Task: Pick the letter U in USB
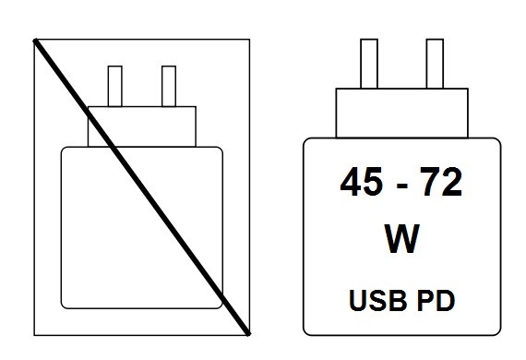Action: [358, 300]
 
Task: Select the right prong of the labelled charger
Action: [434, 65]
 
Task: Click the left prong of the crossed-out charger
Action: [115, 86]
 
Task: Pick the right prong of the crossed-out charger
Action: [168, 86]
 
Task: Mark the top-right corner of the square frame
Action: [249, 39]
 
